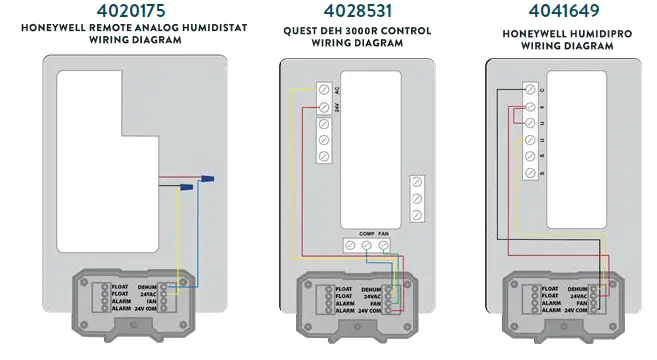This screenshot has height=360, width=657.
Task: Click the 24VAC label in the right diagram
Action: [578, 296]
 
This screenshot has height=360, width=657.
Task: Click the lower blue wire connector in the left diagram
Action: [186, 186]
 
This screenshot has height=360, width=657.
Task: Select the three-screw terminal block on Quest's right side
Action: [418, 200]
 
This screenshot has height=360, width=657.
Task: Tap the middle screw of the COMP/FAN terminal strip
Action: [367, 245]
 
